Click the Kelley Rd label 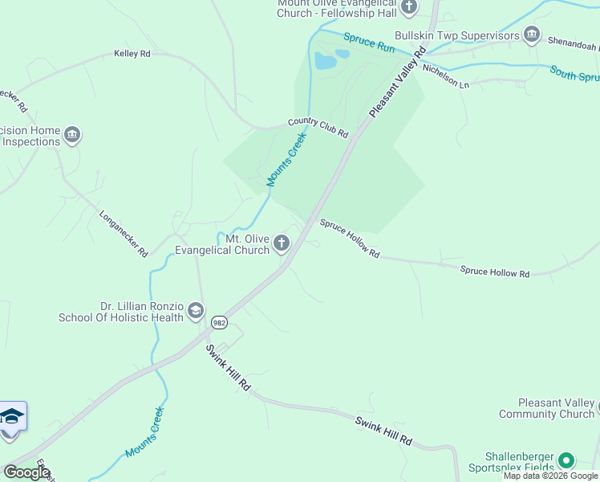(132, 55)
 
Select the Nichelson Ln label (445, 77)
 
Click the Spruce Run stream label (370, 43)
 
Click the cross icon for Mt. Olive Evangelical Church (282, 243)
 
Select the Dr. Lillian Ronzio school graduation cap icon (196, 312)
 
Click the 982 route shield (219, 322)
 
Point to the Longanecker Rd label (124, 234)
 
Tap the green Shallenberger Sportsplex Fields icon (566, 460)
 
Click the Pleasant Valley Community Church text (545, 408)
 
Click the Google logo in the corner (26, 472)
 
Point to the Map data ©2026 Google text (550, 476)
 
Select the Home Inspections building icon (73, 134)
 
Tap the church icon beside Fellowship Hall (409, 7)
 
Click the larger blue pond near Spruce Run (325, 61)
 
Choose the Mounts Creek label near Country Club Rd (287, 159)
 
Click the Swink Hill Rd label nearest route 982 (229, 368)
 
